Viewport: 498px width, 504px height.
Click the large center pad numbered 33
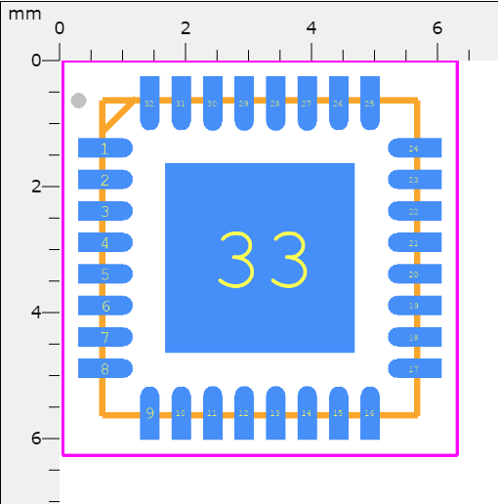[x=260, y=258]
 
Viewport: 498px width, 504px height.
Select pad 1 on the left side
[x=104, y=147]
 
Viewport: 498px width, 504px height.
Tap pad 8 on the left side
[x=104, y=368]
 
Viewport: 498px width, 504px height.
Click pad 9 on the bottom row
[x=149, y=412]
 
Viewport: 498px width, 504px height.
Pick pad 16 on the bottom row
[x=369, y=412]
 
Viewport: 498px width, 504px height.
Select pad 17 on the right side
[x=415, y=368]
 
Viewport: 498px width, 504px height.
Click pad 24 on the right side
[x=415, y=147]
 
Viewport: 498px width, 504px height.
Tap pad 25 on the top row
[x=369, y=103]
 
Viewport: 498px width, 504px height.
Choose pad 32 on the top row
[x=149, y=103]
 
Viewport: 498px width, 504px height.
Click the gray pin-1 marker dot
[x=79, y=101]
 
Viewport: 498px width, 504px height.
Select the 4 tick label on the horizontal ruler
[x=311, y=27]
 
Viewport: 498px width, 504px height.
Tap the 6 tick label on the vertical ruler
[x=36, y=439]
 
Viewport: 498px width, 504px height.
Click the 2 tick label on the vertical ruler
[x=36, y=187]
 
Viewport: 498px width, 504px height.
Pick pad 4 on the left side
[x=104, y=242]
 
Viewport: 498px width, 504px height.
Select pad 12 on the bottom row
[x=243, y=412]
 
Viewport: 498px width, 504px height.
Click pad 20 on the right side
[x=415, y=273]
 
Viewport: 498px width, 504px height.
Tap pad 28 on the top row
[x=274, y=103]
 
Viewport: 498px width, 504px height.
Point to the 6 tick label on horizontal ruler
[x=436, y=27]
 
